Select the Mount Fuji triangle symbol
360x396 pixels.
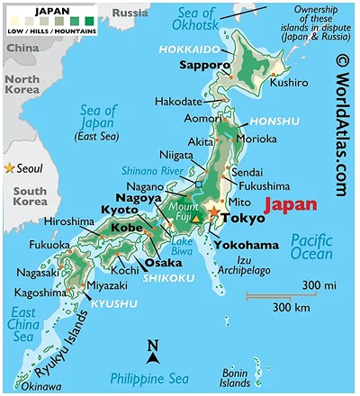[x=197, y=219]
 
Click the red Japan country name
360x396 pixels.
[x=289, y=203]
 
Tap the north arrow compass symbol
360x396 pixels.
[x=153, y=354]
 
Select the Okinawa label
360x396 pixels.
[x=20, y=386]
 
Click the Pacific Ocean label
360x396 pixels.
[x=314, y=248]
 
